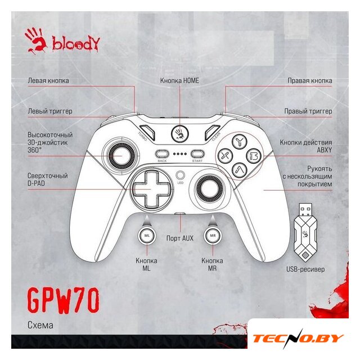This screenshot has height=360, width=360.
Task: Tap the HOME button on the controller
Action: (x=180, y=133)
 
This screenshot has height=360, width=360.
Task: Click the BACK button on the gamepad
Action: (x=162, y=153)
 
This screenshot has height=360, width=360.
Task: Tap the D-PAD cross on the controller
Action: (x=150, y=188)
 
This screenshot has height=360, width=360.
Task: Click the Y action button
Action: (x=238, y=139)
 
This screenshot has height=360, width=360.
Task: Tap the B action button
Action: (x=254, y=154)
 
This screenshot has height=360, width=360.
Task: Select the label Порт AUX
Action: (x=180, y=238)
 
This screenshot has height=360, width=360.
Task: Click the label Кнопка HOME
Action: (x=179, y=80)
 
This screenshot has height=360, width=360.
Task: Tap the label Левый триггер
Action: (x=49, y=111)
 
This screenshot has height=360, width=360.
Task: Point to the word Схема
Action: (x=40, y=325)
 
